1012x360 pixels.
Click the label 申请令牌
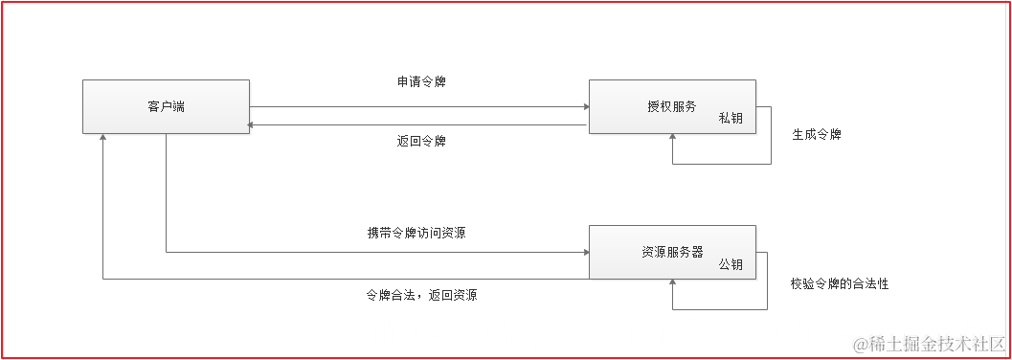click(x=421, y=82)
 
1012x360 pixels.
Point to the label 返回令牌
click(x=421, y=141)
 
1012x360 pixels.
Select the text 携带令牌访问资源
click(x=416, y=233)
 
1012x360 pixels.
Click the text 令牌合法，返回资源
click(x=421, y=295)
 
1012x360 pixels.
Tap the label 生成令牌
click(x=816, y=135)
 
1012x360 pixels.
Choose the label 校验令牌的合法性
click(x=840, y=283)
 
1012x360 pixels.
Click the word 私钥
click(x=731, y=120)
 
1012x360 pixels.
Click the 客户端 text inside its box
click(x=166, y=106)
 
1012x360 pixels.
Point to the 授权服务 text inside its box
click(x=672, y=106)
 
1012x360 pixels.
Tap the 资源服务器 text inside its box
click(x=672, y=252)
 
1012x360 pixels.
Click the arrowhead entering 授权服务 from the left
click(x=584, y=106)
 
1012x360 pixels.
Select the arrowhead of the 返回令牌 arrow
click(x=252, y=124)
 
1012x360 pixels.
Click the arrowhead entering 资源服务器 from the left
click(x=584, y=253)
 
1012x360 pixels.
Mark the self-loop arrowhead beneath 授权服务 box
click(x=673, y=140)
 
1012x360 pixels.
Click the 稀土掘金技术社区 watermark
click(x=928, y=343)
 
